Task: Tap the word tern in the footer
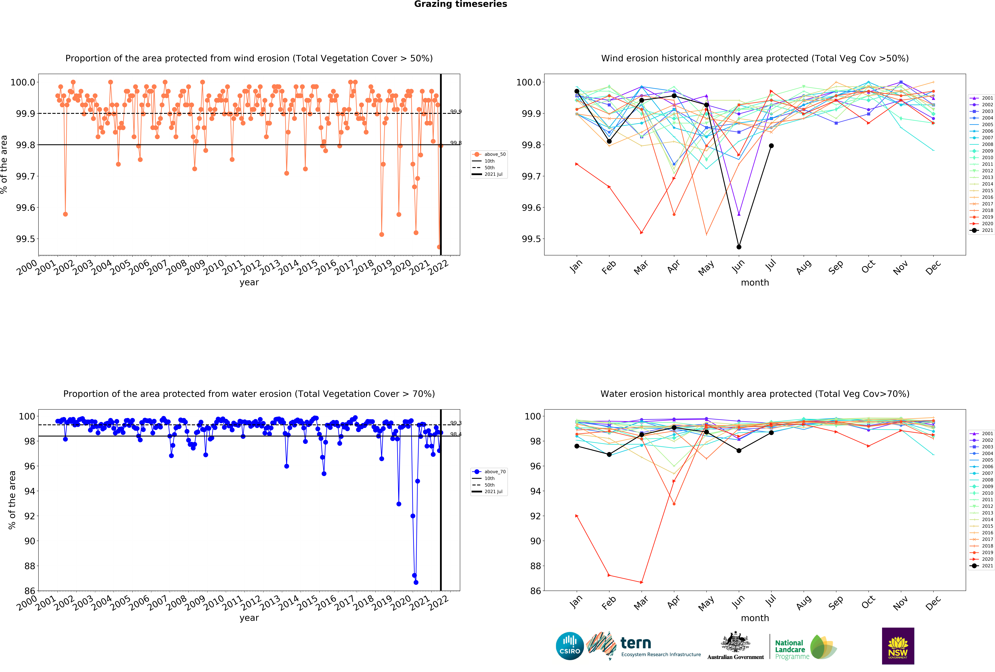pyautogui.click(x=636, y=643)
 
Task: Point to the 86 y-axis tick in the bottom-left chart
pyautogui.click(x=30, y=591)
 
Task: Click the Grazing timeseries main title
pyautogui.click(x=460, y=4)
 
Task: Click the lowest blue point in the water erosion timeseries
pyautogui.click(x=416, y=582)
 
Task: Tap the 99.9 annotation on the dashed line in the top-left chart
pyautogui.click(x=456, y=112)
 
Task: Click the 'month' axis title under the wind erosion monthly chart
pyautogui.click(x=755, y=283)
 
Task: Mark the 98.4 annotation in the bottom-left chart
pyautogui.click(x=456, y=434)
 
